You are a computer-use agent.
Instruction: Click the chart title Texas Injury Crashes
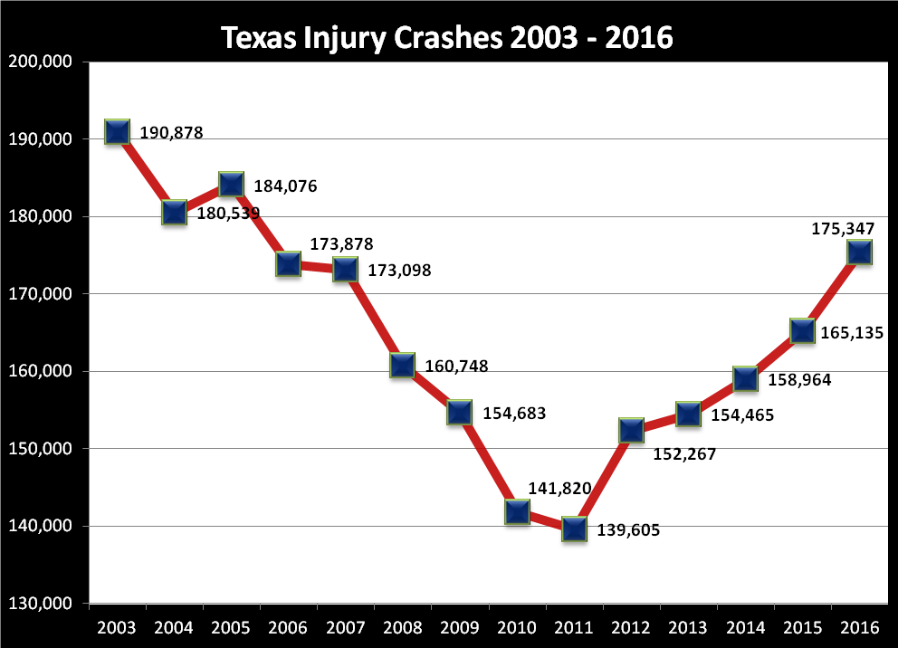[x=447, y=38]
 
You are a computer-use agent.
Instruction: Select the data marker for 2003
[x=117, y=131]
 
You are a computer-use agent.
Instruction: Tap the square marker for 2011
[x=574, y=529]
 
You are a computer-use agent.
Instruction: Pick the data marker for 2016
[x=859, y=252]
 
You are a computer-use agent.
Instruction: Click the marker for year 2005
[x=231, y=184]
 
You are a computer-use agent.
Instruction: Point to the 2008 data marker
[x=402, y=366]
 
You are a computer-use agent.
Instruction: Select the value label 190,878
[x=171, y=133]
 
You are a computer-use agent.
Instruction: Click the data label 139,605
[x=628, y=531]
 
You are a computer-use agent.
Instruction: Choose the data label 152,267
[x=684, y=454]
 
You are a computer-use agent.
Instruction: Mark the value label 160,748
[x=456, y=367]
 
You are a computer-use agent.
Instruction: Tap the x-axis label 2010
[x=516, y=627]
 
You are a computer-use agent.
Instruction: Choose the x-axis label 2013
[x=688, y=627]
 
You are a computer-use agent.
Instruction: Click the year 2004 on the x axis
[x=173, y=627]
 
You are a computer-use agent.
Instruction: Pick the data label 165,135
[x=852, y=333]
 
